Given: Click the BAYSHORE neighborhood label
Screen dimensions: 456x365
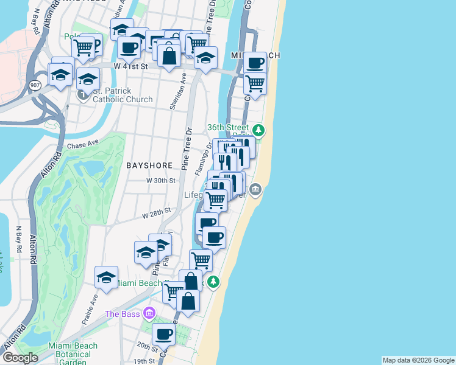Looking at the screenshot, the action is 147,165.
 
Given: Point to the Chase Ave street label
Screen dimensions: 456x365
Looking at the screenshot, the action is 83,145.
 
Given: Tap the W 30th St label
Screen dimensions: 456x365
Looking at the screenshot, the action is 161,181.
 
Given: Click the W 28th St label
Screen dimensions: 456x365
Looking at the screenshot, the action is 157,214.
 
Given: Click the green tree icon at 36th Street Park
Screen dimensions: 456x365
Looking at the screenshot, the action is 258,130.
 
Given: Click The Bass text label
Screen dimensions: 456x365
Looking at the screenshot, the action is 122,314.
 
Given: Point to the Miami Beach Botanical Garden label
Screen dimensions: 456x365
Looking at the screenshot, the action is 73,353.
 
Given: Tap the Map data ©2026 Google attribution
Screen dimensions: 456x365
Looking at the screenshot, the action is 418,360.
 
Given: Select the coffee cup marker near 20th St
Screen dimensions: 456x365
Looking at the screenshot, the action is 163,333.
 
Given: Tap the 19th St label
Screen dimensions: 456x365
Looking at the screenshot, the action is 144,361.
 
